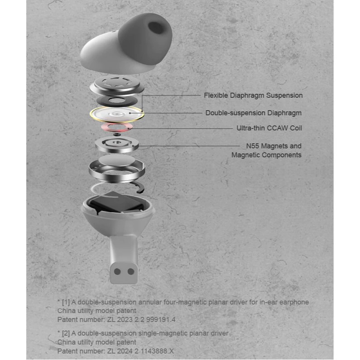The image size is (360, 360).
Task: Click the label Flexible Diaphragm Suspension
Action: click(x=253, y=96)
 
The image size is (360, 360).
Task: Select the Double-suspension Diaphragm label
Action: click(x=253, y=113)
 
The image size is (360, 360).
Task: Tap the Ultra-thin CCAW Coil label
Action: click(x=269, y=128)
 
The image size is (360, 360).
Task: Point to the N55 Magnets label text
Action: click(x=271, y=146)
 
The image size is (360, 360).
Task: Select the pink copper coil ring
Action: click(x=116, y=127)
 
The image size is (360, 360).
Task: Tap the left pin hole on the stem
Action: click(x=118, y=271)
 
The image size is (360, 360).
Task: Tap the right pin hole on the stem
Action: click(x=131, y=271)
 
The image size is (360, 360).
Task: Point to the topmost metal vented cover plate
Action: click(x=116, y=84)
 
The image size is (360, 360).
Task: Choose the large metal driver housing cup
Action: click(x=117, y=168)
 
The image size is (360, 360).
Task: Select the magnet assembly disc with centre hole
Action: click(x=117, y=144)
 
